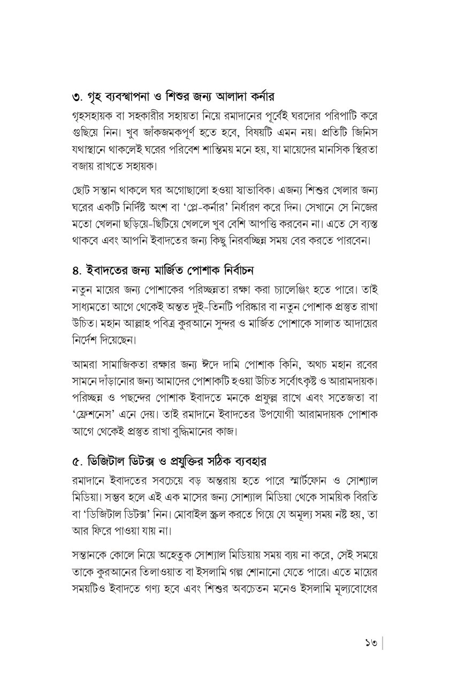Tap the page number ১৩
click(369, 642)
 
